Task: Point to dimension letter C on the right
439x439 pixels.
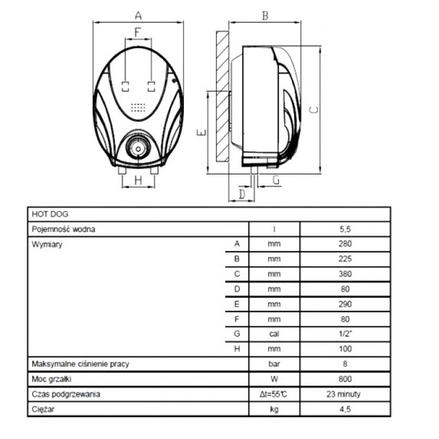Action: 315,108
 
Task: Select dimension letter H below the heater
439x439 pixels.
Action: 138,180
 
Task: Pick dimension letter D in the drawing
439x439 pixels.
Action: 242,193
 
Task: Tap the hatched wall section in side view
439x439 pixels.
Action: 222,95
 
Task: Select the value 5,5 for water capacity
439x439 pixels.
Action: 345,229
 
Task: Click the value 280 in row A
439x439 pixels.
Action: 345,244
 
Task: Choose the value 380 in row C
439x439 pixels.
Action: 345,274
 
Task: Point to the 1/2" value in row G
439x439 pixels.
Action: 345,334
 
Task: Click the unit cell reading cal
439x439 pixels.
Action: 273,334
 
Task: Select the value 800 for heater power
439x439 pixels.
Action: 345,379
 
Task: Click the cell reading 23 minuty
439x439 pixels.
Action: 345,394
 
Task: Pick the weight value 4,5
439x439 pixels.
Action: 345,409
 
